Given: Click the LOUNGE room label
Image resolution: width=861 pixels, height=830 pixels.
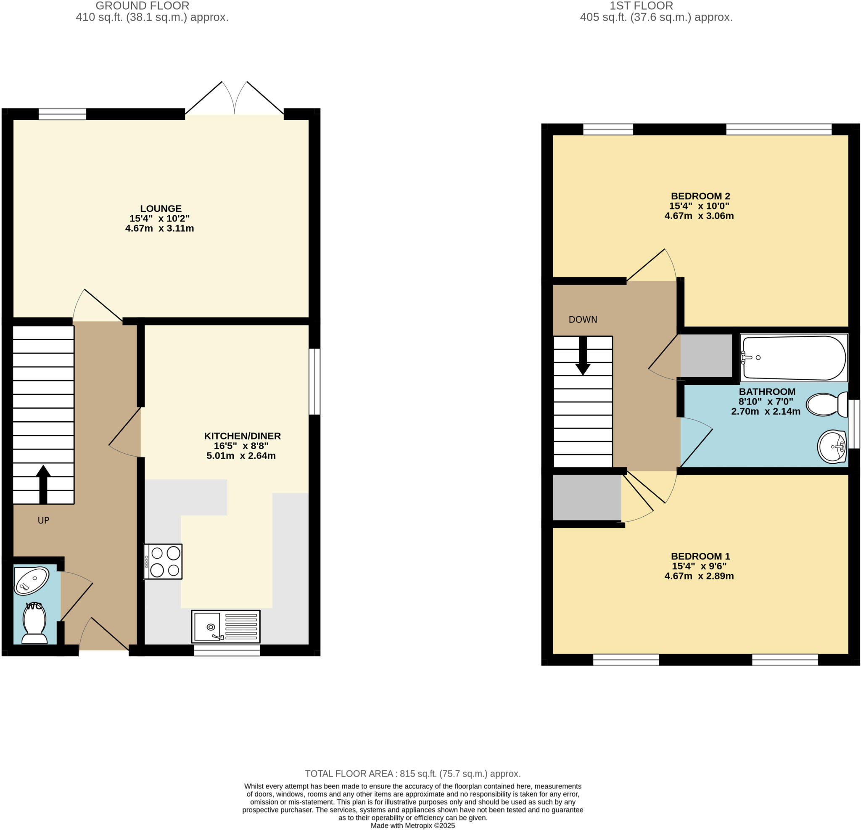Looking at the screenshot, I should pyautogui.click(x=161, y=209).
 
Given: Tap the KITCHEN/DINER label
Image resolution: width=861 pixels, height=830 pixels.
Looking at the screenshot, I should pyautogui.click(x=242, y=436).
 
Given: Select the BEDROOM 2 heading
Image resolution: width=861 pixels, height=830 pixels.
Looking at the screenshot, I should pyautogui.click(x=700, y=196).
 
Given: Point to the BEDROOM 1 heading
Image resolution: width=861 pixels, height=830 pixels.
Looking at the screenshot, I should pyautogui.click(x=700, y=556).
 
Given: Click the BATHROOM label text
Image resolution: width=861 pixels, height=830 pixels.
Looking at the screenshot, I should pyautogui.click(x=767, y=391).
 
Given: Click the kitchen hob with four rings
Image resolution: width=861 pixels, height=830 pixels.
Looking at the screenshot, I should pyautogui.click(x=163, y=562).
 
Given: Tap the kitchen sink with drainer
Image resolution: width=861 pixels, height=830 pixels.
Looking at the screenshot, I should pyautogui.click(x=226, y=626).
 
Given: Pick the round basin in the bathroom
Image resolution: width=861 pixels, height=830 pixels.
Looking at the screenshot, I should pyautogui.click(x=832, y=447).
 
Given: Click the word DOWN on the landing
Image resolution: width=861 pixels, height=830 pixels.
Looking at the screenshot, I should pyautogui.click(x=583, y=320).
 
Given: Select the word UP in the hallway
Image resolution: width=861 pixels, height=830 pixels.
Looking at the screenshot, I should pyautogui.click(x=43, y=520).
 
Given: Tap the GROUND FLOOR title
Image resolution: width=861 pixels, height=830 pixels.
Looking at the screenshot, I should pyautogui.click(x=143, y=6).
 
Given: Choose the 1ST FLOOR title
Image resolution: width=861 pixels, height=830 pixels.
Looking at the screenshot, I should pyautogui.click(x=641, y=6).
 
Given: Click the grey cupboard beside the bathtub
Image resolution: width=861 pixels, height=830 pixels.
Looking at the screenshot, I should pyautogui.click(x=706, y=355).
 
